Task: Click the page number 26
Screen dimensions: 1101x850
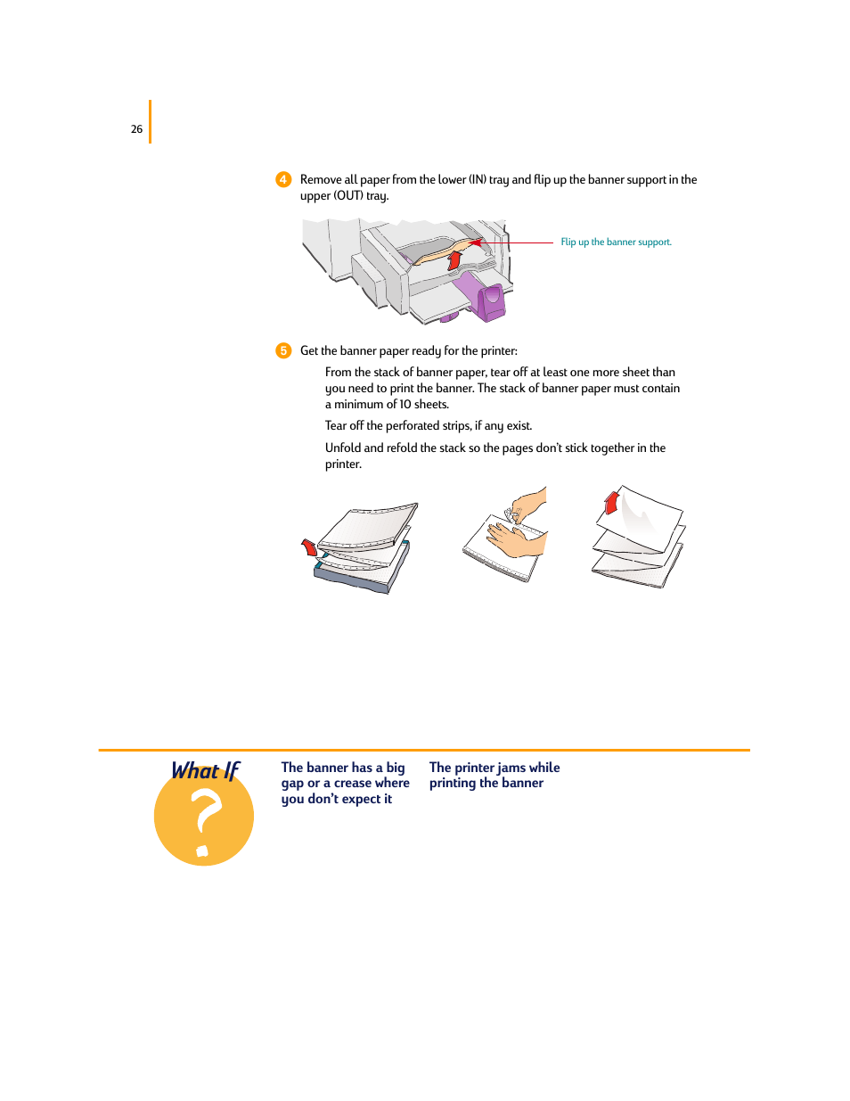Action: coord(136,129)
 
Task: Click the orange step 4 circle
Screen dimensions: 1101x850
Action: coord(283,179)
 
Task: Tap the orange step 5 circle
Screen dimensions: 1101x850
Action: coord(283,350)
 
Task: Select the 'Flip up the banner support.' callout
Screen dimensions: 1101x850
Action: coord(616,242)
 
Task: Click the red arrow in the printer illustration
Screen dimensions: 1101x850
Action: coord(454,259)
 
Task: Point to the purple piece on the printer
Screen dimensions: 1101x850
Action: coord(489,301)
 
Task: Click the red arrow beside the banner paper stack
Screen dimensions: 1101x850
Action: coord(309,546)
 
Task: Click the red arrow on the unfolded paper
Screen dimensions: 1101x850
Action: coord(611,502)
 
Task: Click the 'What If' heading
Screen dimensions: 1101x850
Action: coord(206,771)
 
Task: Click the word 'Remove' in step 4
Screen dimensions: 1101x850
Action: coord(321,180)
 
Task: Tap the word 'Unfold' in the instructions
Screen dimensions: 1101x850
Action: coord(342,448)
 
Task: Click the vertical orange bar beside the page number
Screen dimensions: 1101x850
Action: coord(150,121)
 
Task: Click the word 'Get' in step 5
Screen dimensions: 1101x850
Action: coord(309,351)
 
